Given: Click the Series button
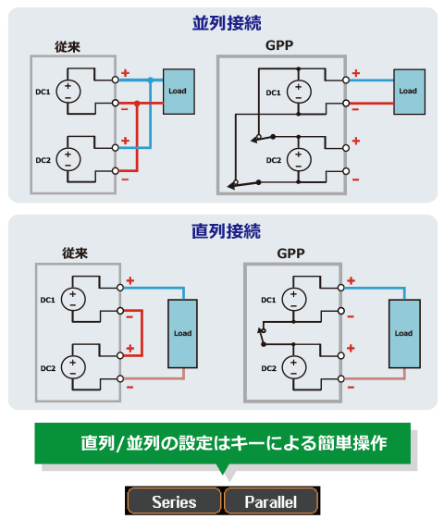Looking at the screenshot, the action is pos(174,500).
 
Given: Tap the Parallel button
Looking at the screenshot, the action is pos(271,500).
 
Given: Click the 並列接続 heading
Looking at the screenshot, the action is pos(227,23).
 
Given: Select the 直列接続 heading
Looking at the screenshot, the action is pos(227,230).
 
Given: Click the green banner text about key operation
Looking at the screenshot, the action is pos(234,442).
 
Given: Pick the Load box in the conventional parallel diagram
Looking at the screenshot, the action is pos(179,92).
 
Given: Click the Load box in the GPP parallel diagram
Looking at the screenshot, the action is pos(409,92).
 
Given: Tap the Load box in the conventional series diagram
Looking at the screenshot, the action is pos(182,334).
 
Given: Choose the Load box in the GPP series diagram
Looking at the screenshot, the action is pos(404,334).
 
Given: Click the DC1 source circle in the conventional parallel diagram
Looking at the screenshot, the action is pos(68,92).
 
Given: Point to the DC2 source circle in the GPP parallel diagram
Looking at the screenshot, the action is pos(299,159).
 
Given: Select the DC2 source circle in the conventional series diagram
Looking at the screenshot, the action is pos(73,367).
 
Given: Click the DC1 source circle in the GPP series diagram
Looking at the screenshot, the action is pos(294,299).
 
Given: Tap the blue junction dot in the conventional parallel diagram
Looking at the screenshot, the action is pos(151,80).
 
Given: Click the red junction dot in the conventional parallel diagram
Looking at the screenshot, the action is pos(137,104).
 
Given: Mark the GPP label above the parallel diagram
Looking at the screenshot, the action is pos(279,45).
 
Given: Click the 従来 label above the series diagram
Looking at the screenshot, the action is pos(75,253).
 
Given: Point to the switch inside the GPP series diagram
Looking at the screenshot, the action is pos(262,337).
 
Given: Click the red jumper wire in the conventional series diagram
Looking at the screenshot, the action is pos(142,333).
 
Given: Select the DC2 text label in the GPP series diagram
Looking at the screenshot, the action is pos(268,368).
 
